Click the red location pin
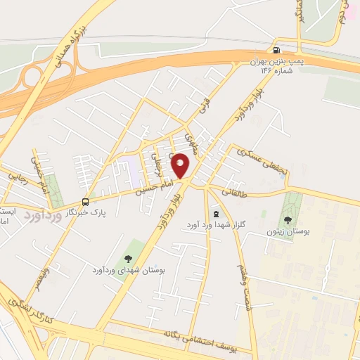click(181, 165)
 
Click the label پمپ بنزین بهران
click(280, 62)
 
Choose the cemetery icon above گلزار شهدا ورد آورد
click(215, 213)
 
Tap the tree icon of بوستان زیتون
click(290, 219)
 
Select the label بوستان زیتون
click(290, 231)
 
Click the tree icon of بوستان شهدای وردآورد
click(127, 258)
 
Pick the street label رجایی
click(17, 173)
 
